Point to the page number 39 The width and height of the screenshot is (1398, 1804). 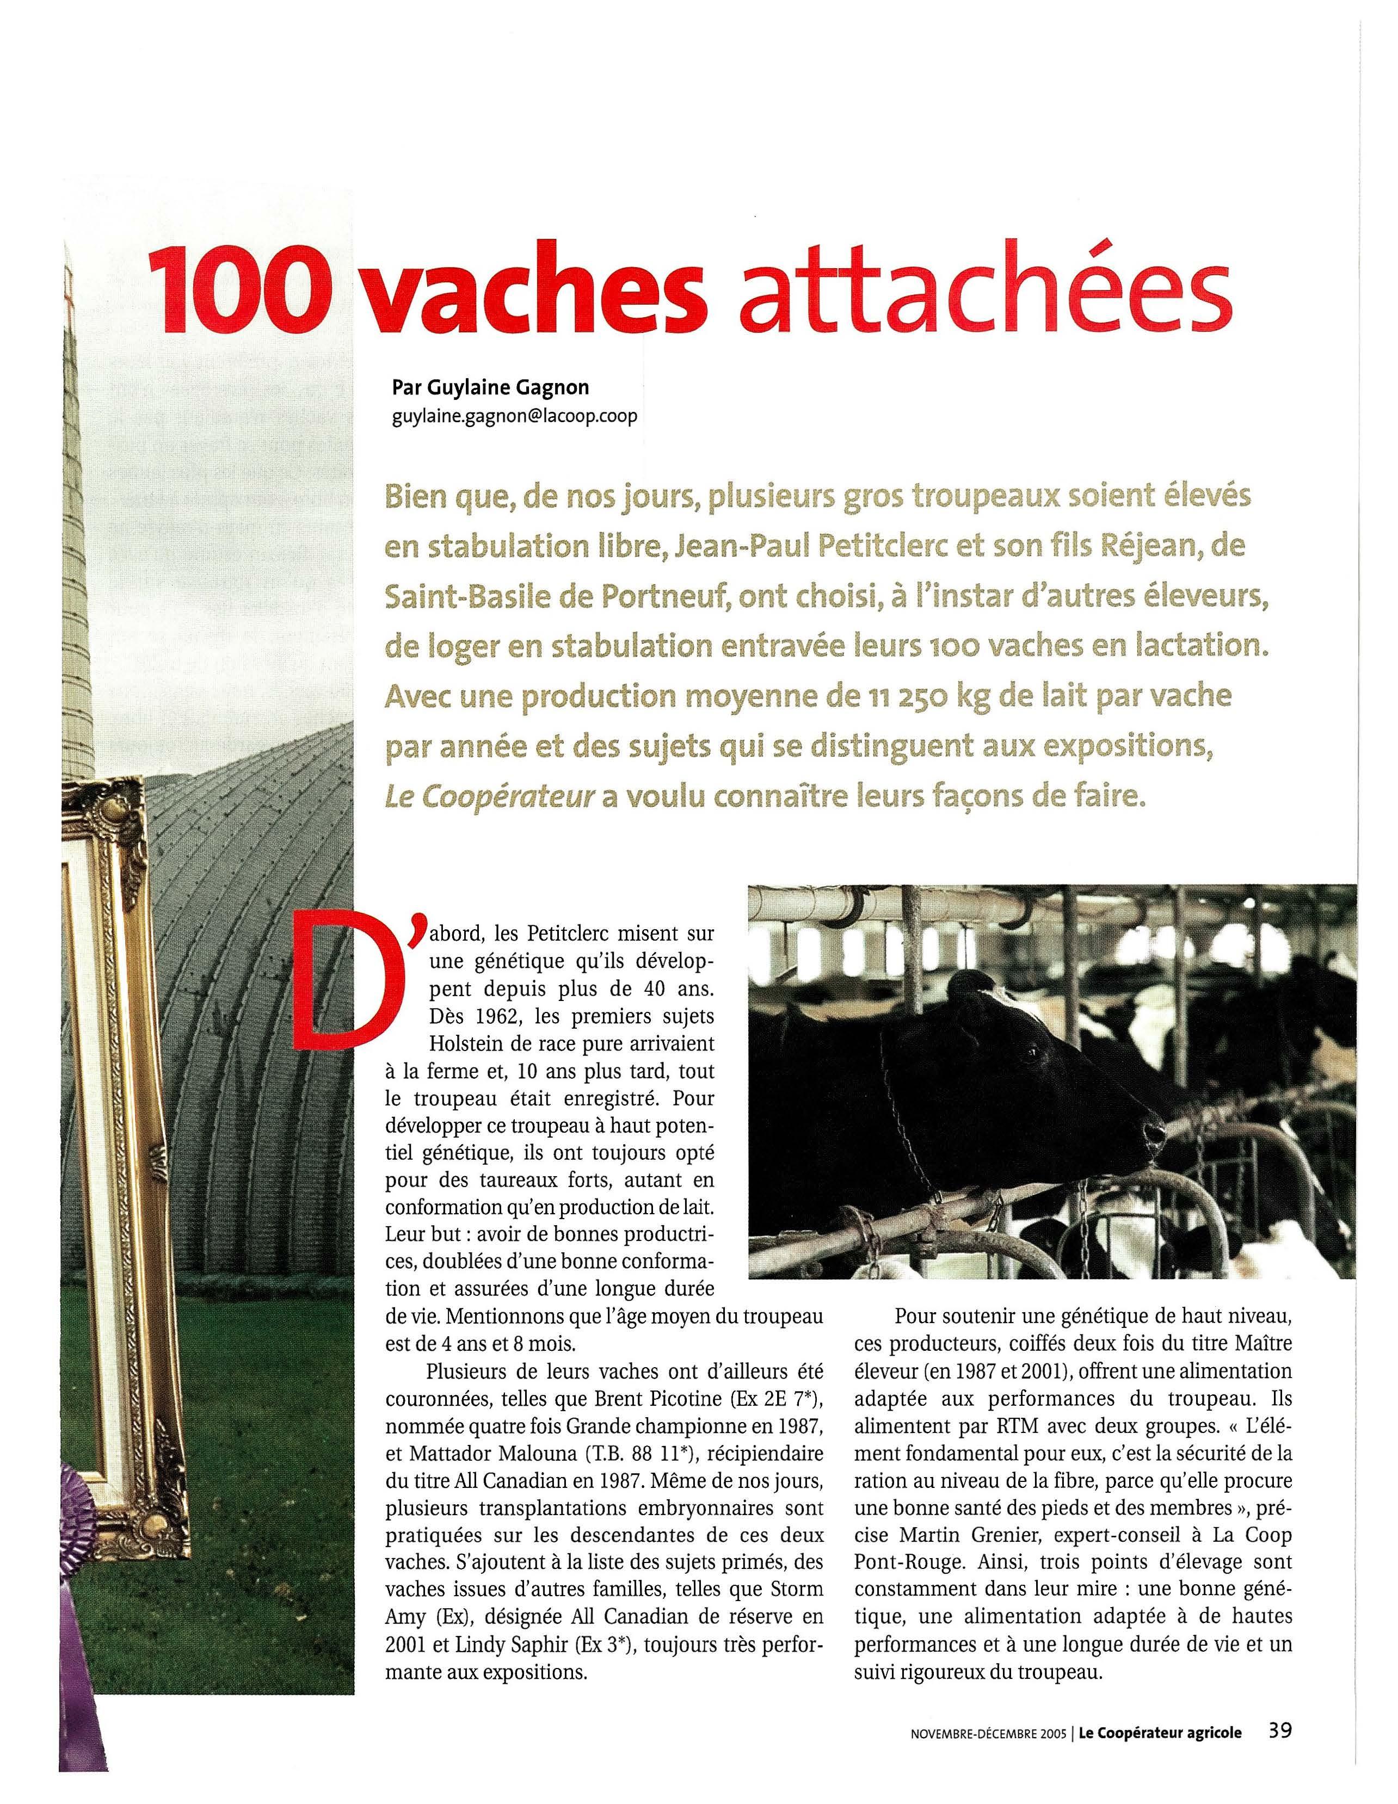pos(1280,1703)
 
